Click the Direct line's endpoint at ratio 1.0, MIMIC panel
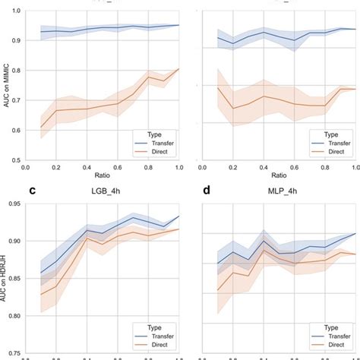coord(179,69)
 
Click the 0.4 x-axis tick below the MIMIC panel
coord(87,167)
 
